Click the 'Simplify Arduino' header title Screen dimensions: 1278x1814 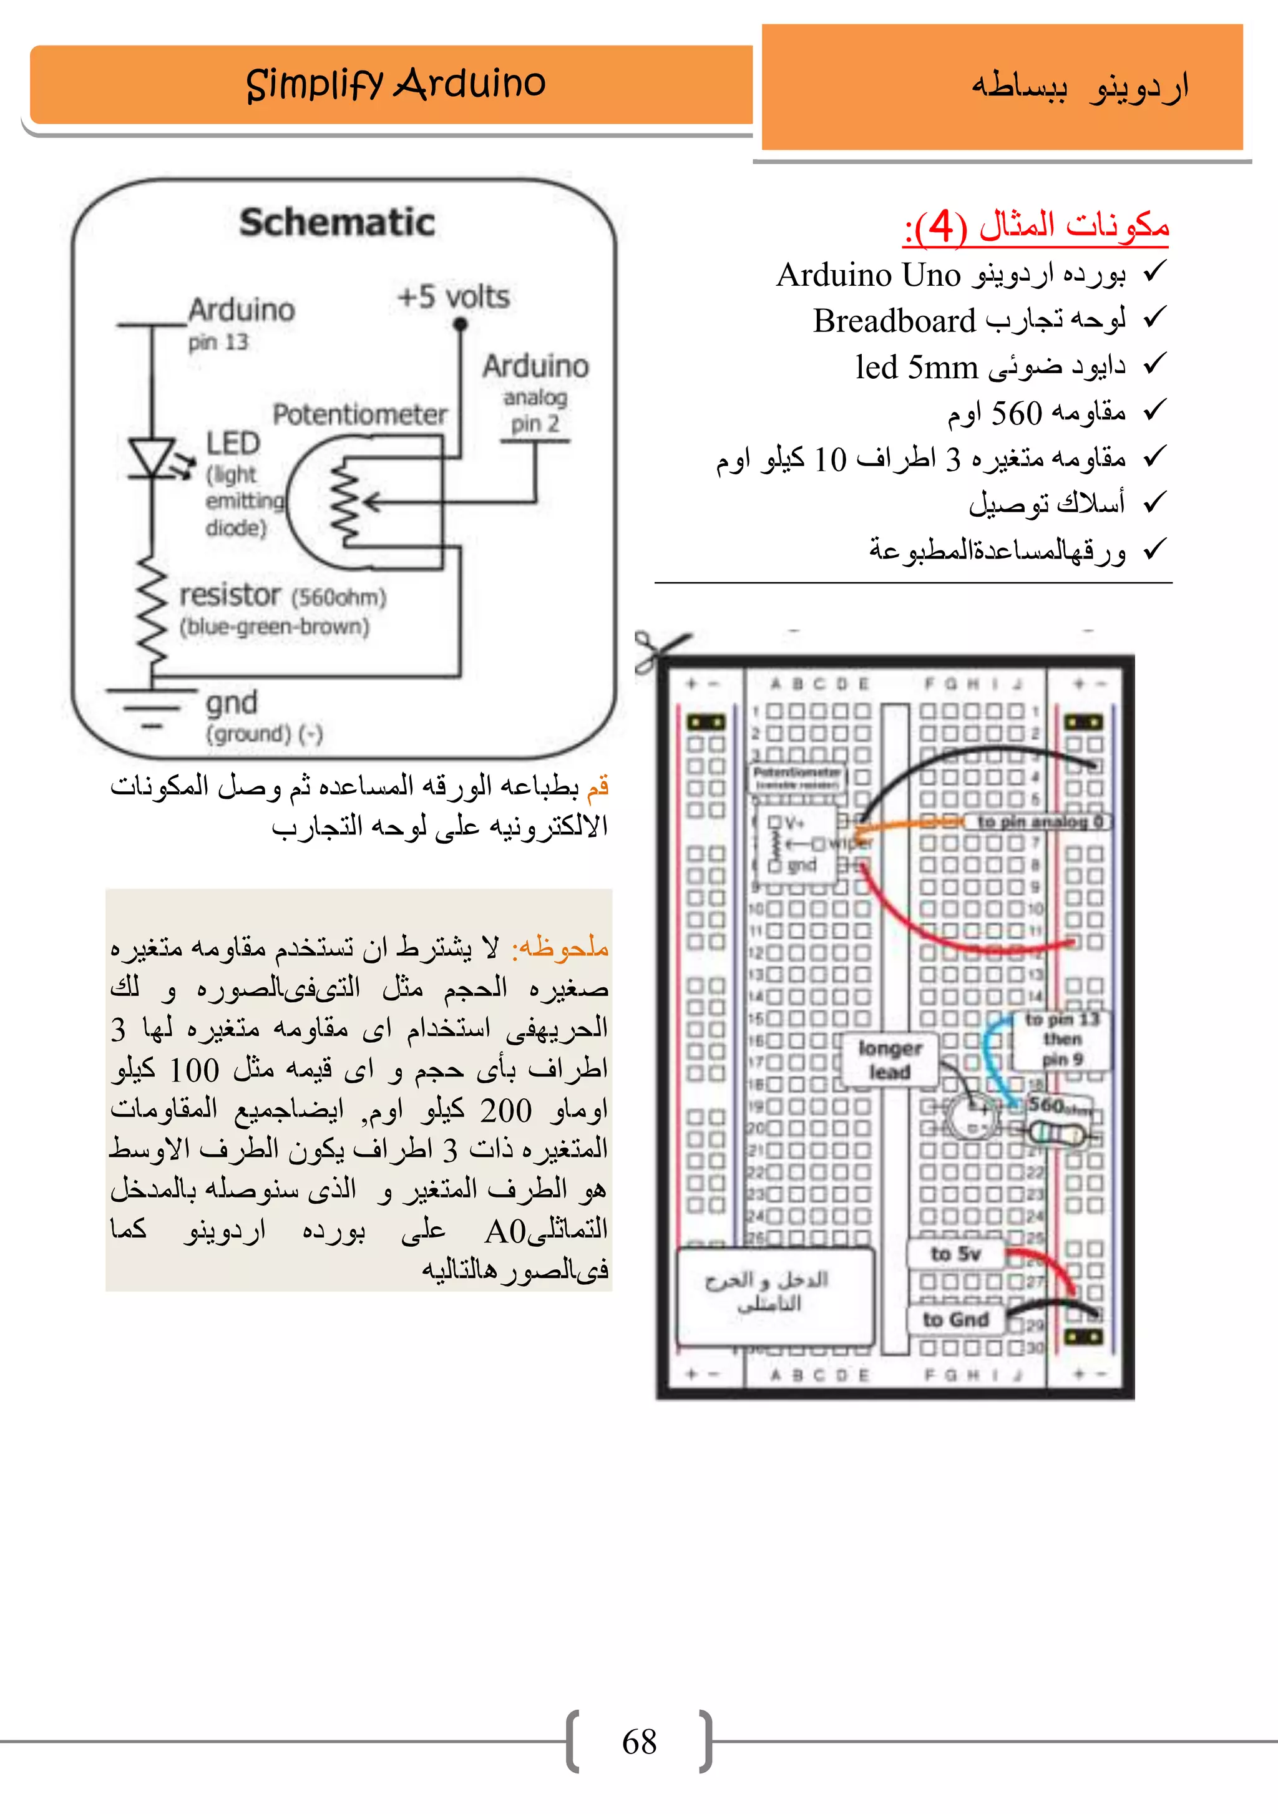[x=395, y=84]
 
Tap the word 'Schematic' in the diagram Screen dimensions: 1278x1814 [x=337, y=223]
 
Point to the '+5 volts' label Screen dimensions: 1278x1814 [x=454, y=298]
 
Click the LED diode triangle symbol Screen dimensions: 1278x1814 [x=152, y=458]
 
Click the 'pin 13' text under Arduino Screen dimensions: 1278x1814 [x=218, y=343]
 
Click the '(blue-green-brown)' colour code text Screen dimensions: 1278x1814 [x=274, y=627]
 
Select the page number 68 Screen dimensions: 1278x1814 [x=639, y=1742]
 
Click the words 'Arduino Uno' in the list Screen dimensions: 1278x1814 [x=868, y=275]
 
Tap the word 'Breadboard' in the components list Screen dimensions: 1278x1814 [x=895, y=321]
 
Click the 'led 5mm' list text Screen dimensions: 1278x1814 [x=916, y=368]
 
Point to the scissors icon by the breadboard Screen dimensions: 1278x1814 [x=657, y=651]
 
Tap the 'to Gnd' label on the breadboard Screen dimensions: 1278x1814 [x=956, y=1319]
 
